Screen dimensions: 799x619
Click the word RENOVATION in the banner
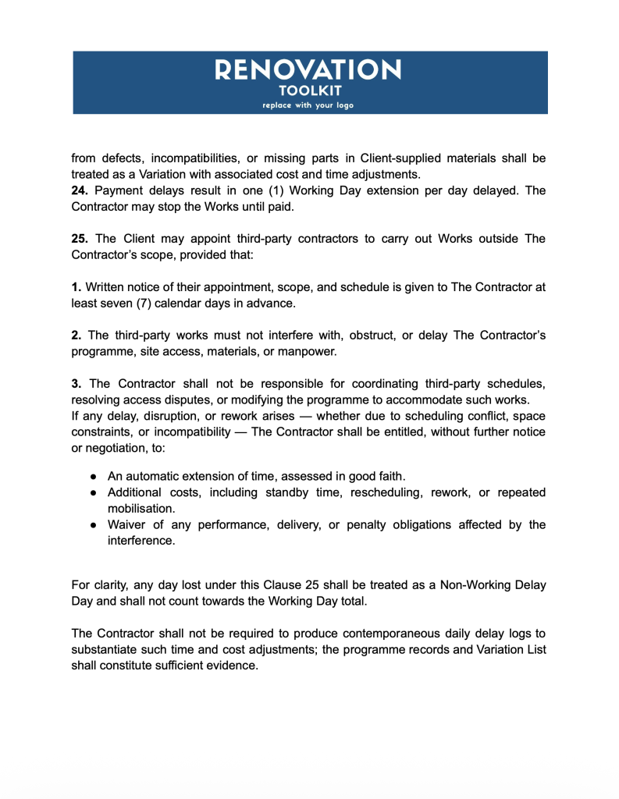tap(308, 70)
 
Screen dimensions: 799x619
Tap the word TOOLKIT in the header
tap(308, 90)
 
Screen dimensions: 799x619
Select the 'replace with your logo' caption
tap(308, 105)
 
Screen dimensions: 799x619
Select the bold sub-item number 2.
tap(77, 336)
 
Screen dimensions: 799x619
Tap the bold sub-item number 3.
tap(77, 384)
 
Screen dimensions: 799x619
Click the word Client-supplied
tap(399, 158)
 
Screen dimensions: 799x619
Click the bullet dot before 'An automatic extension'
tap(93, 477)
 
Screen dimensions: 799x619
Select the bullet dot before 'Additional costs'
tap(93, 493)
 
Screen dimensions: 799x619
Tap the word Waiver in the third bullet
tap(126, 525)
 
